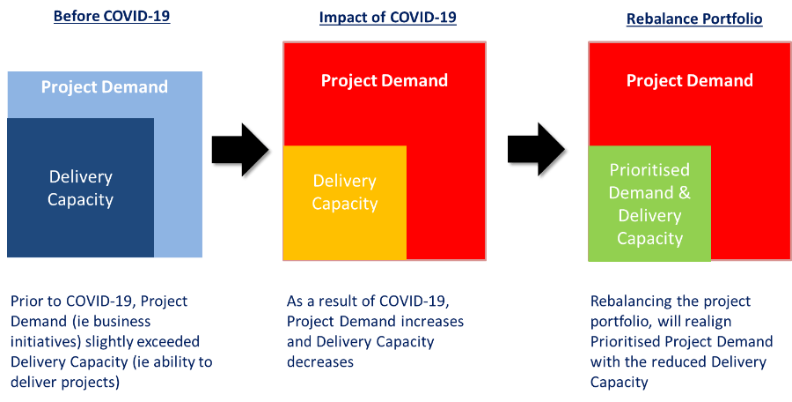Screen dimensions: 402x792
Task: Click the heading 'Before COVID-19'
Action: [111, 16]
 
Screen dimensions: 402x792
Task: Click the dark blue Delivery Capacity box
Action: [80, 188]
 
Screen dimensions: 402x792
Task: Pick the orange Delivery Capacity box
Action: [344, 203]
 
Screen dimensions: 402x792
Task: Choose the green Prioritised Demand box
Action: [649, 204]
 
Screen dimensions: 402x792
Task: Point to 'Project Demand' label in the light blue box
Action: [104, 86]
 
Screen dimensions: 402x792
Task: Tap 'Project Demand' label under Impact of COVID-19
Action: [384, 80]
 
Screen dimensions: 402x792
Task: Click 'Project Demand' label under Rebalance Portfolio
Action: [689, 80]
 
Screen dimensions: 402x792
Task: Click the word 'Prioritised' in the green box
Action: [649, 169]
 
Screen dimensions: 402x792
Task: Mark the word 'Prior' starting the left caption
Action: [27, 301]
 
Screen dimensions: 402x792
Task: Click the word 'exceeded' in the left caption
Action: [169, 342]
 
